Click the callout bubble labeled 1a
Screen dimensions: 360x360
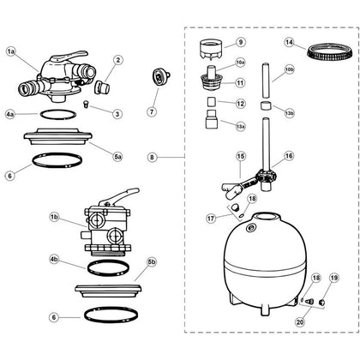tap(11, 51)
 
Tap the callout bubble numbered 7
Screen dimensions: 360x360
tap(152, 111)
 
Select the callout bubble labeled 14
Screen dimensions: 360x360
tap(289, 43)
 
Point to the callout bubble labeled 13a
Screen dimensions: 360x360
tap(240, 126)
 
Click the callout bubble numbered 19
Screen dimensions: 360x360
tap(333, 278)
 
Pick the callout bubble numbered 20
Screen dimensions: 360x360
tap(300, 322)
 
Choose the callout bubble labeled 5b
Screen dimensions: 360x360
tap(152, 261)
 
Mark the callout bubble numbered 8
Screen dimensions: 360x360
tap(152, 157)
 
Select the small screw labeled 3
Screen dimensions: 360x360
tap(85, 104)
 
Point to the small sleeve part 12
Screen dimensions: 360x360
tap(211, 102)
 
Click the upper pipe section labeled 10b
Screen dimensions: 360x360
tap(265, 81)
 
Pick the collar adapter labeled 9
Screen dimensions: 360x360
tap(211, 50)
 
